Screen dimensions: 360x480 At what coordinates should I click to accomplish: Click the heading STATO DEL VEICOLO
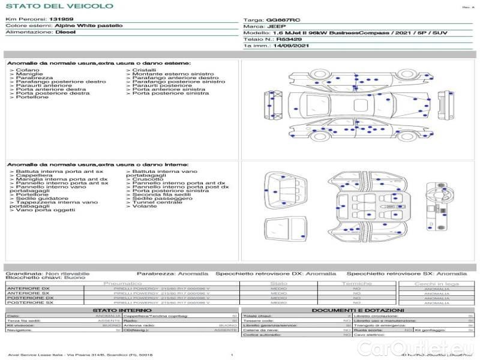pyautogui.click(x=59, y=7)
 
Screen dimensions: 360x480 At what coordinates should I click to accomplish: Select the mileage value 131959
pyautogui.click(x=61, y=20)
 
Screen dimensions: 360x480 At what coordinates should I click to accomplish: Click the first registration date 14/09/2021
pyautogui.click(x=293, y=46)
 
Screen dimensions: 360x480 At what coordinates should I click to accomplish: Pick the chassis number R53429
pyautogui.click(x=289, y=39)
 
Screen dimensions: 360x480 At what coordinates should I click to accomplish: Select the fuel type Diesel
pyautogui.click(x=65, y=32)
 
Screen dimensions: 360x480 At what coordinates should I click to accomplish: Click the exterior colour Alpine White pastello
pyautogui.click(x=88, y=26)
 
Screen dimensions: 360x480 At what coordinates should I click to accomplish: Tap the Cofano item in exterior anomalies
pyautogui.click(x=28, y=70)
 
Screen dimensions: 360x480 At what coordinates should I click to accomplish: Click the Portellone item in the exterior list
pyautogui.click(x=32, y=97)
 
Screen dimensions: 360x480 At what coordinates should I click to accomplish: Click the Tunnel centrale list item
pyautogui.click(x=157, y=202)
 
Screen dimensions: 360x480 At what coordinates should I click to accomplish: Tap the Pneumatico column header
pyautogui.click(x=122, y=283)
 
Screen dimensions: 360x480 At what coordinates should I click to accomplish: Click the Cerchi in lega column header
pyautogui.click(x=436, y=283)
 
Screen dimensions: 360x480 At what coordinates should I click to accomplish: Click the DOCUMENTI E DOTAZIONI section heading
pyautogui.click(x=358, y=310)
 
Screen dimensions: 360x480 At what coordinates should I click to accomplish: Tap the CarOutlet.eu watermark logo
pyautogui.click(x=438, y=348)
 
